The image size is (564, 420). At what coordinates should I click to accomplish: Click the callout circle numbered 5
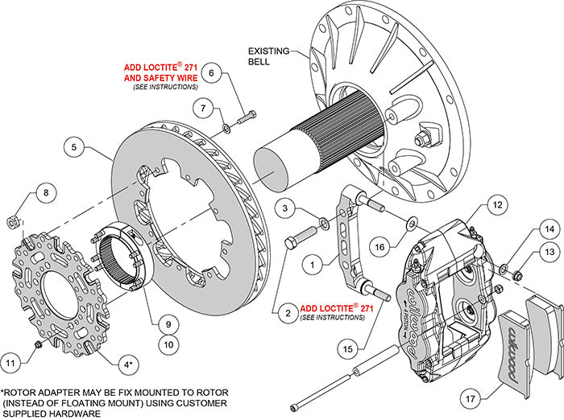coord(73,148)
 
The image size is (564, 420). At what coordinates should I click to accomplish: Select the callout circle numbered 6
coord(210,73)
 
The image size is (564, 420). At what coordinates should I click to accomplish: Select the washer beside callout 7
coord(226,126)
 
